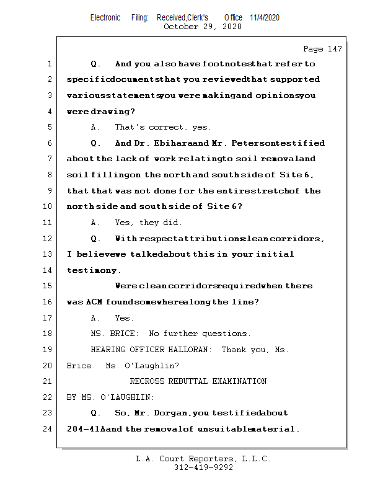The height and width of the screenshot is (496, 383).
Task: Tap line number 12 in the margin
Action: click(48, 238)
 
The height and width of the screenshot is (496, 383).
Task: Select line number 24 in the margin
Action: click(48, 428)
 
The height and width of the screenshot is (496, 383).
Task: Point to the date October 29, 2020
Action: click(202, 27)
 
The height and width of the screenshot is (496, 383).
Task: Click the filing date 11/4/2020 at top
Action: click(265, 17)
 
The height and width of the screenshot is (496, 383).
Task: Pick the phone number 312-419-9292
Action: click(203, 467)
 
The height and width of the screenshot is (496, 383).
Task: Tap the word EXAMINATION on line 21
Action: click(239, 381)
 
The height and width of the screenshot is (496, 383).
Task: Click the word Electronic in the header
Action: click(105, 17)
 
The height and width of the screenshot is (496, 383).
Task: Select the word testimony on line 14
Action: click(93, 270)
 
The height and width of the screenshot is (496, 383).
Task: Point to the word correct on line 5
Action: click(168, 127)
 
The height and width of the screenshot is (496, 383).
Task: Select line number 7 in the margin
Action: click(48, 159)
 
